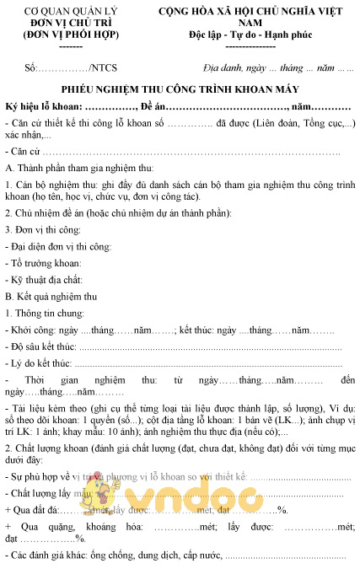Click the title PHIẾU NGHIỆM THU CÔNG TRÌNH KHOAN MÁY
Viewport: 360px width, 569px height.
[x=180, y=89]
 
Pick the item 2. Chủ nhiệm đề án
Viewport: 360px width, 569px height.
[x=51, y=214]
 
